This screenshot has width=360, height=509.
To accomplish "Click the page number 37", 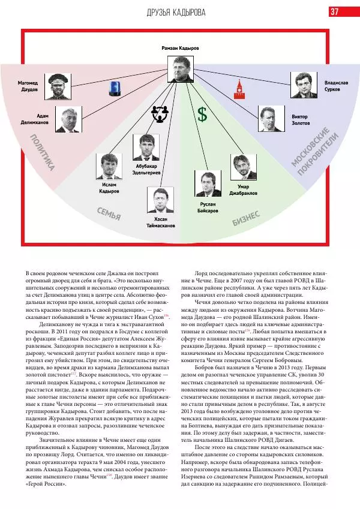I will pos(334,12).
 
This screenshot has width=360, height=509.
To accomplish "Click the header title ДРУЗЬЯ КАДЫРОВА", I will pos(180,13).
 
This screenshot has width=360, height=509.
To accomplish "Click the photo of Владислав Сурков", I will pos(304,85).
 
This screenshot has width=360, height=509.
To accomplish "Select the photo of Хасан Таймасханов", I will pos(160,200).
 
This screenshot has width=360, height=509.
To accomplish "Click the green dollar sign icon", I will pos(203,115).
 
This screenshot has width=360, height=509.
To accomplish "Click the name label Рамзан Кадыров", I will pos(180,47).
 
